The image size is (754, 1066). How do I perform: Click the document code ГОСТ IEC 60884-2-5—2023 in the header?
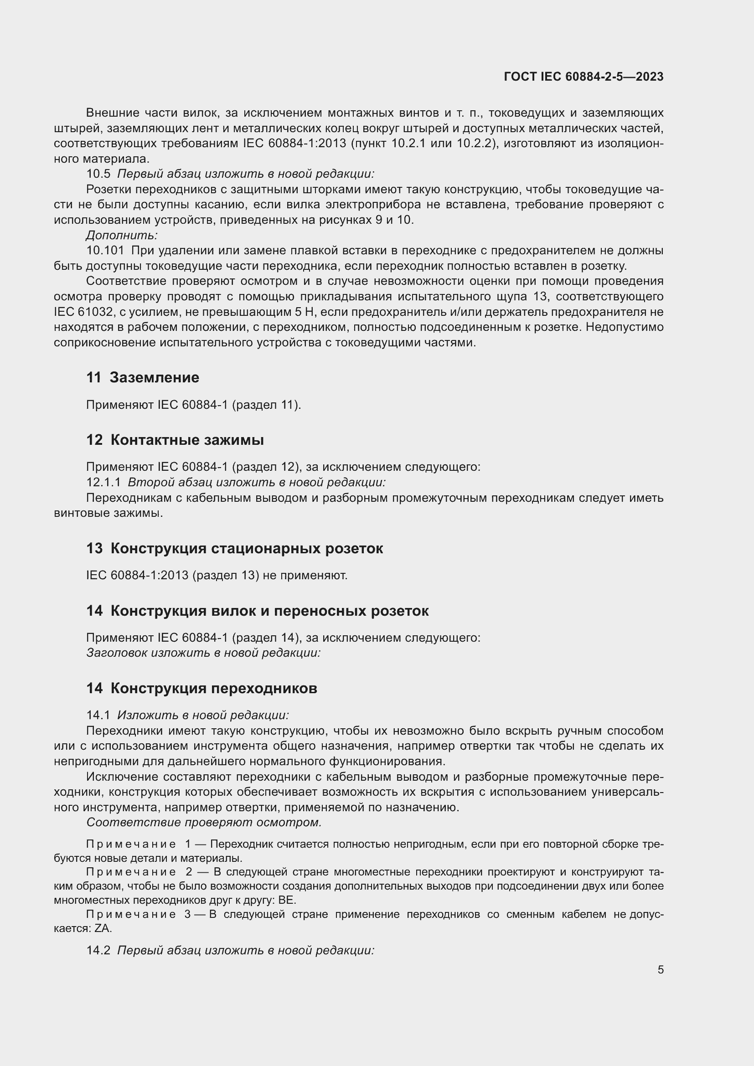tap(583, 77)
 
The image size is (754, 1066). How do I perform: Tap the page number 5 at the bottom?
tap(660, 969)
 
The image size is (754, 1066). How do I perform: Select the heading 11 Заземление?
tap(143, 377)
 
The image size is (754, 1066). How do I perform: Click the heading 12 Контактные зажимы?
tap(175, 440)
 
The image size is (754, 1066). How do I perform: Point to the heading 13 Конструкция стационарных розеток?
tap(234, 548)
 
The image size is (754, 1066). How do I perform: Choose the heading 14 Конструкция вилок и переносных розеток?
tap(257, 611)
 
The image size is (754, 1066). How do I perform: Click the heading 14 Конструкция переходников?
tap(201, 688)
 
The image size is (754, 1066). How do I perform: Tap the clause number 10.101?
tap(105, 251)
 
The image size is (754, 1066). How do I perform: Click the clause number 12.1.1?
tap(103, 482)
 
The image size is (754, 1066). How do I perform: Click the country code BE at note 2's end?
tap(286, 900)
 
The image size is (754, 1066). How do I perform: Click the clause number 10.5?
tap(98, 174)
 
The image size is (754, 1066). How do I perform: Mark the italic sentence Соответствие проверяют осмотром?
tap(204, 822)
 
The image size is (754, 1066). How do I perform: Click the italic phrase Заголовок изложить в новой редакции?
tap(203, 653)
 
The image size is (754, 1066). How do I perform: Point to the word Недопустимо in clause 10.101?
tap(625, 327)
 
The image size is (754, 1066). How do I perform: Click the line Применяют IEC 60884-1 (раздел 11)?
tap(194, 405)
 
